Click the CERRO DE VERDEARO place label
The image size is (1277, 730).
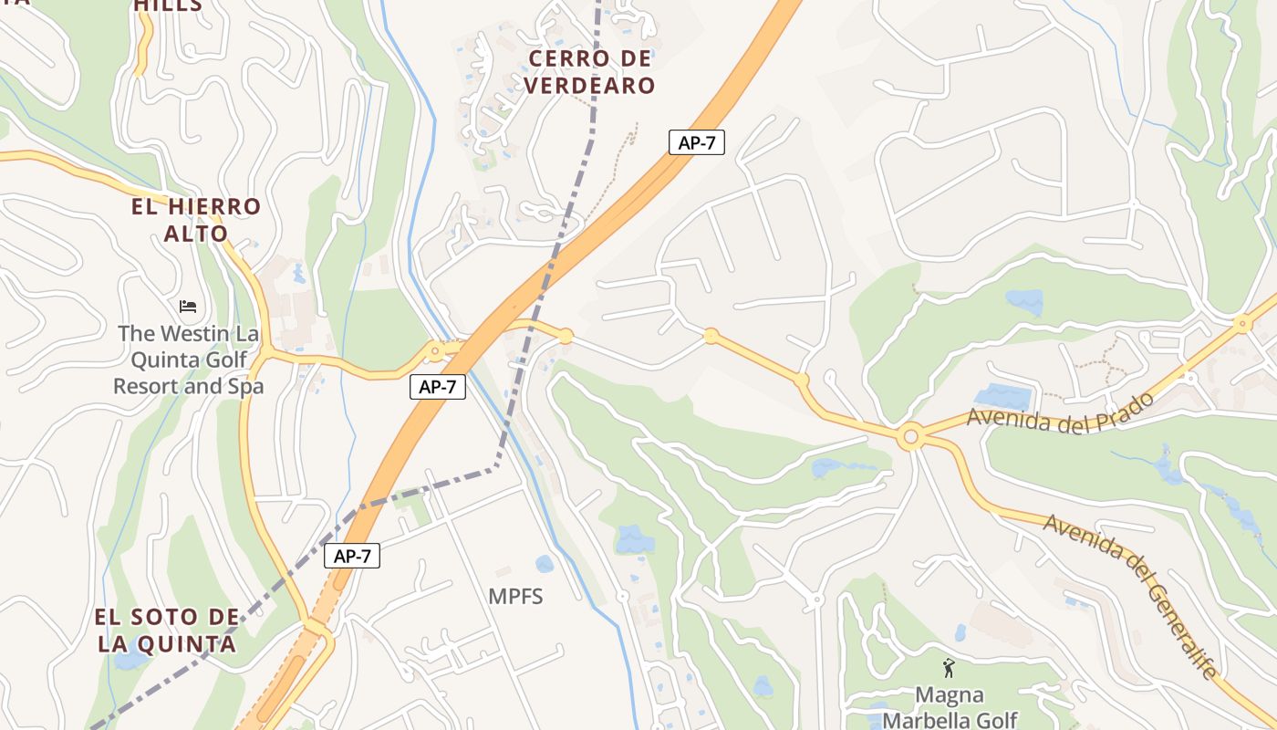(592, 72)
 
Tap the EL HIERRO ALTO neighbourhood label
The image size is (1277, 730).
(195, 220)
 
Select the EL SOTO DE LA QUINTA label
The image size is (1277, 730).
(167, 631)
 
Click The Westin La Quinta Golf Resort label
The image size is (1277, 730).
(189, 360)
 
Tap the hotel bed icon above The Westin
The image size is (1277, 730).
(188, 307)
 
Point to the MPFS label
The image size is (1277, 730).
(515, 597)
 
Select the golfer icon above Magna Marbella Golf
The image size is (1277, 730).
(949, 668)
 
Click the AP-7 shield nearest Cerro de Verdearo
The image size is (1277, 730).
(697, 142)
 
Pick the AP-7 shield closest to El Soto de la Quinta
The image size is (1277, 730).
(352, 556)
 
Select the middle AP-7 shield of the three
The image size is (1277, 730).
(438, 387)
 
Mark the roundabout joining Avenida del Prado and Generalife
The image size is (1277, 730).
(909, 437)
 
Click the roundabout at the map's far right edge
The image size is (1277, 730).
(1241, 323)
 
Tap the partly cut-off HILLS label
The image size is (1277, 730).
(168, 6)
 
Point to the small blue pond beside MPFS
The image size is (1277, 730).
(545, 564)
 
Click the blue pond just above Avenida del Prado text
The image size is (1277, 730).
(1002, 396)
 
